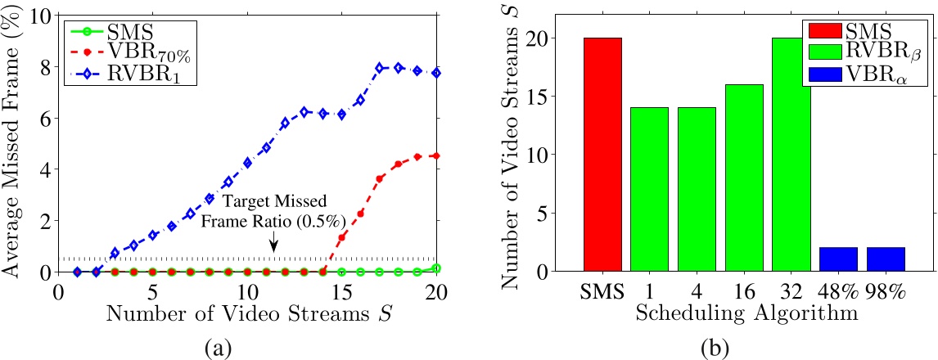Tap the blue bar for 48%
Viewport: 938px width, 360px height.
pyautogui.click(x=838, y=259)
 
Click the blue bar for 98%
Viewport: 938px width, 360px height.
pyautogui.click(x=886, y=259)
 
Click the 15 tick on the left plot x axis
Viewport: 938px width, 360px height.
pyautogui.click(x=341, y=291)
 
